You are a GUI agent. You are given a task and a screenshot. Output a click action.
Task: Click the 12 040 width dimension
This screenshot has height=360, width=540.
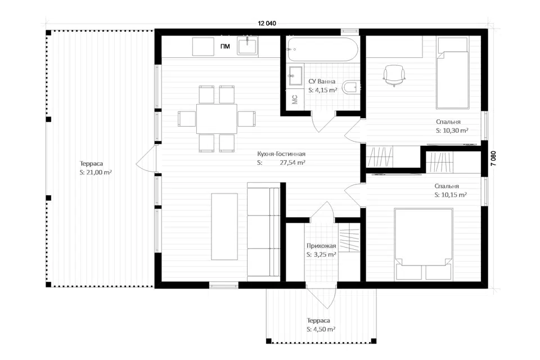click(267, 24)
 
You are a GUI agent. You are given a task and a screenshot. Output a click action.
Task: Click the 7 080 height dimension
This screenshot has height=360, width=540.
click(494, 159)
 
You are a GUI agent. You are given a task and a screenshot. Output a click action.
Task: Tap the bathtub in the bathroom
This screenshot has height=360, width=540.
click(323, 49)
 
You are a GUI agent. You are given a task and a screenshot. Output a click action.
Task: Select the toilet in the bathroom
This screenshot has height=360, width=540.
click(351, 87)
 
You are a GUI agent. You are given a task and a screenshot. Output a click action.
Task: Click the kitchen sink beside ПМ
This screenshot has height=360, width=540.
click(247, 46)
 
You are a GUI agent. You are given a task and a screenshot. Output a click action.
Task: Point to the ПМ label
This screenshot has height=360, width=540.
click(225, 46)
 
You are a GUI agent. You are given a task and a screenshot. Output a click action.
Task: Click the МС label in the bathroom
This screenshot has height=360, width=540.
click(295, 100)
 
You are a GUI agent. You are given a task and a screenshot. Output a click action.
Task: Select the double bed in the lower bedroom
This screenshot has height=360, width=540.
click(424, 244)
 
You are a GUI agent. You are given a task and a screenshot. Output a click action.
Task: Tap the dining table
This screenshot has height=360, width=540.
click(217, 119)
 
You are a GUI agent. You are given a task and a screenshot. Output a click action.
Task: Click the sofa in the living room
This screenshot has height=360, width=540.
click(263, 229)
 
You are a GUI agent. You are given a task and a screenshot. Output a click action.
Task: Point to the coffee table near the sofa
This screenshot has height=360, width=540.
click(224, 226)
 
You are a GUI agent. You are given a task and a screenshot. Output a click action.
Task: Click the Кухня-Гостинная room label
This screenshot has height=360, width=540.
click(281, 154)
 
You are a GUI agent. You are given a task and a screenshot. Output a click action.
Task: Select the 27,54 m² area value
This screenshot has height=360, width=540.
click(292, 163)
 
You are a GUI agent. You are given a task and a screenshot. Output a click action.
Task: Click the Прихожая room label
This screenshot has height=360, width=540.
click(321, 246)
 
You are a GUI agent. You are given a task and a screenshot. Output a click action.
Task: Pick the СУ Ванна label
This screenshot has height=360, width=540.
click(322, 82)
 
